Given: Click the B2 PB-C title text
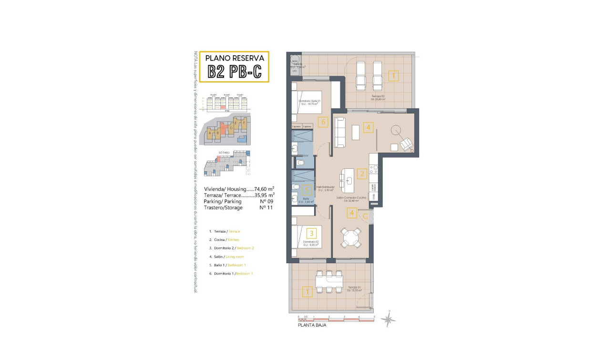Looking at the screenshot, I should (234, 71).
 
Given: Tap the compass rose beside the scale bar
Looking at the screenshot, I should (389, 319).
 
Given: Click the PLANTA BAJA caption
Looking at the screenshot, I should (312, 326).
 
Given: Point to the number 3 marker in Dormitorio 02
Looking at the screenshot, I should (311, 233).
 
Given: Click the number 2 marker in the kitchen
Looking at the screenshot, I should (362, 174).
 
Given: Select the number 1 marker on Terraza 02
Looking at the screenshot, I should (393, 75).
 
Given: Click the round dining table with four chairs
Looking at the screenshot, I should (352, 237).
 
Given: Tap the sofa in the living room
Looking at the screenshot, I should (339, 133).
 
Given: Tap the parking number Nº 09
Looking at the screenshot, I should (266, 201).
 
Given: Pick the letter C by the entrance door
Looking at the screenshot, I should (365, 216).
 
